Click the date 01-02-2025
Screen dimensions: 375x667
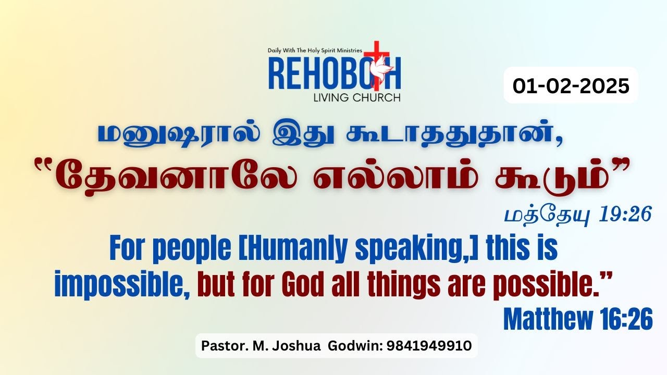571,85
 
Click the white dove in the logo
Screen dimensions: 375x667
373,77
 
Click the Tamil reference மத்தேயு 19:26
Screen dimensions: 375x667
578,215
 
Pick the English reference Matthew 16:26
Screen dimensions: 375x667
577,319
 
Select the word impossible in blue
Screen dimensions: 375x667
121,284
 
